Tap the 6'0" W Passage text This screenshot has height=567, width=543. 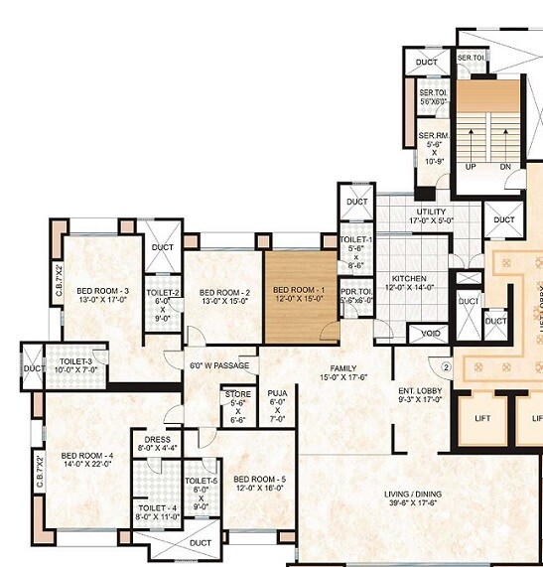click(219, 365)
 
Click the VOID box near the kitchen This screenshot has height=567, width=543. click(430, 334)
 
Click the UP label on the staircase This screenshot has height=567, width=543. click(473, 167)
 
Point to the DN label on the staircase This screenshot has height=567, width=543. click(505, 167)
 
